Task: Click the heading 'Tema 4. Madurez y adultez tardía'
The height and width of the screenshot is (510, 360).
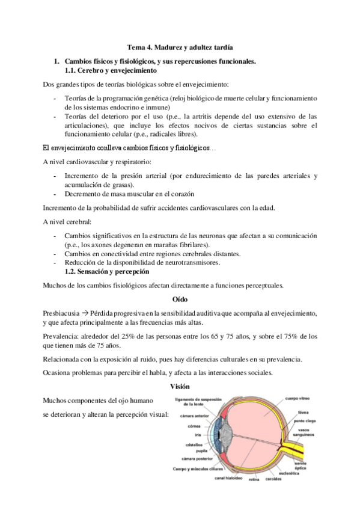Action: (x=180, y=46)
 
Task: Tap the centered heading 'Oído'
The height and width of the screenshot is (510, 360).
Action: (x=180, y=298)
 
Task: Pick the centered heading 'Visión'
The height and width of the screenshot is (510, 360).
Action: (x=180, y=387)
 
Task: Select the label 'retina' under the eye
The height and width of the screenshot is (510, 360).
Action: (x=254, y=480)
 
